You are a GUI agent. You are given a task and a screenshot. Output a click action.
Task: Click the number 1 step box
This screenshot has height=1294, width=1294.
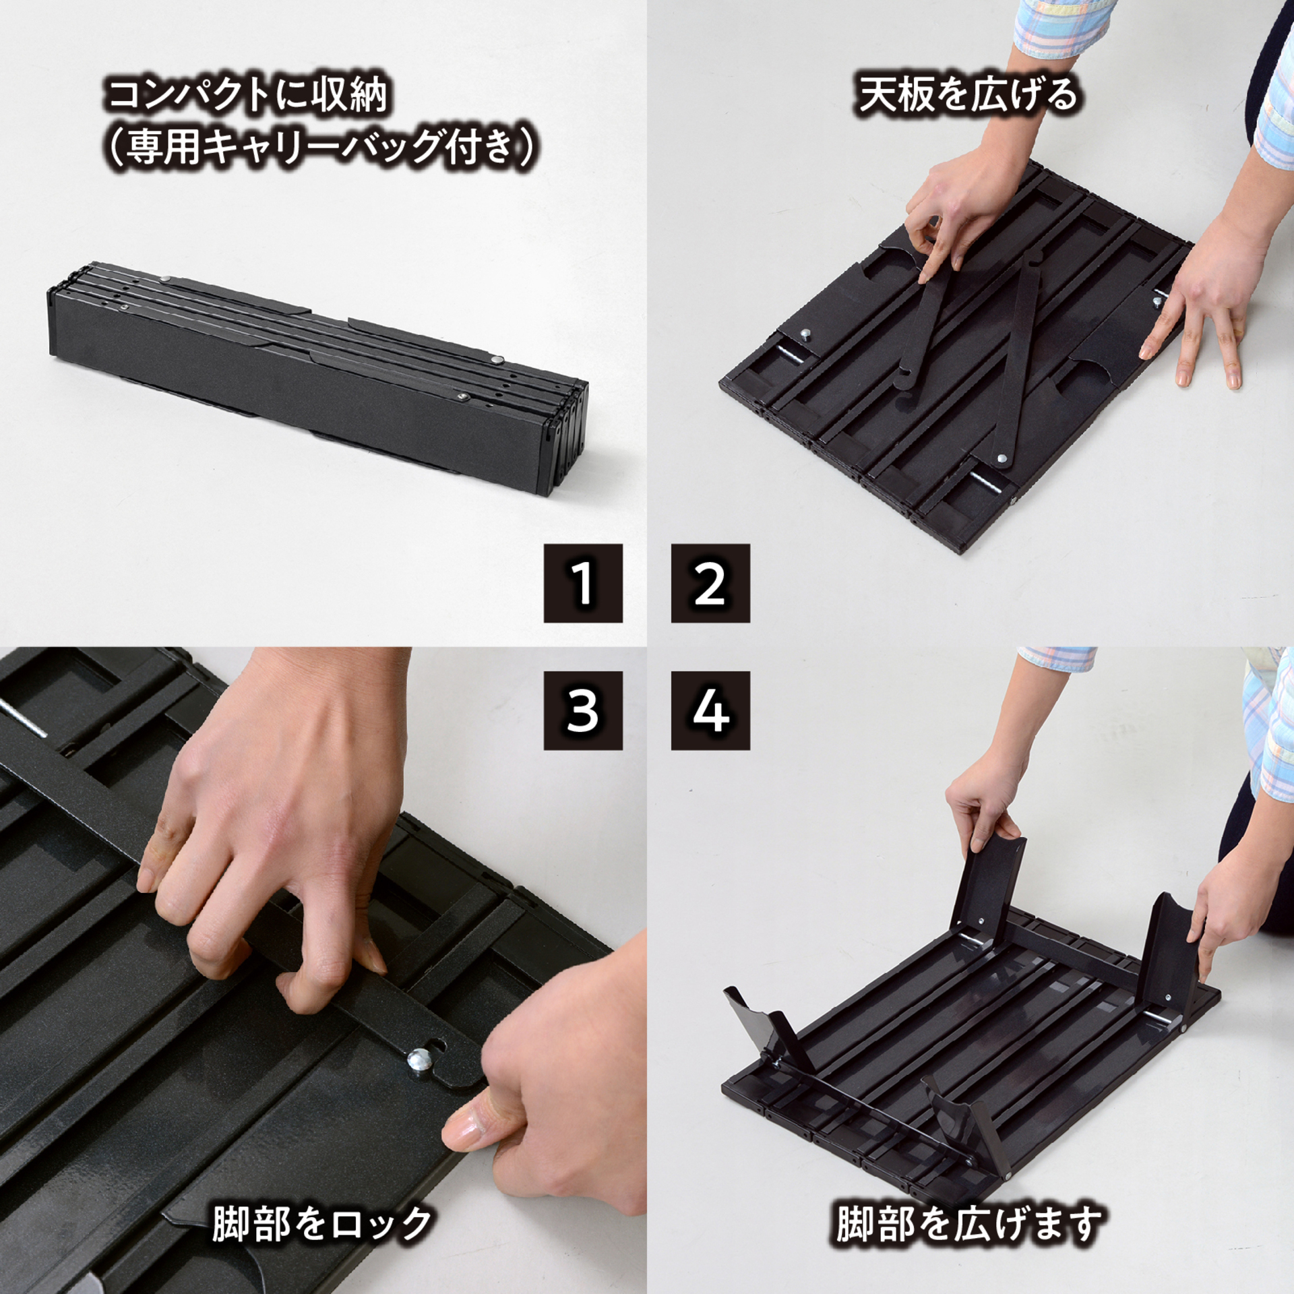pos(583,583)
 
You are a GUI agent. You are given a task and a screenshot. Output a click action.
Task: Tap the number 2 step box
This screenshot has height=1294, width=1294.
pos(710,583)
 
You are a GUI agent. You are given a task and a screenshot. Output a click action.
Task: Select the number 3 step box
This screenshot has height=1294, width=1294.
pos(583,710)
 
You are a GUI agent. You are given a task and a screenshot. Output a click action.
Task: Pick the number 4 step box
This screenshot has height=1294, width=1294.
pos(710,710)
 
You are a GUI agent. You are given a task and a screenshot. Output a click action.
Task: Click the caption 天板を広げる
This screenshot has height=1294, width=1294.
pos(968,95)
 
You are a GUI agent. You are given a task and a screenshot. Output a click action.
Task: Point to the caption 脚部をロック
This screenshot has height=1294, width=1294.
pos(322,1225)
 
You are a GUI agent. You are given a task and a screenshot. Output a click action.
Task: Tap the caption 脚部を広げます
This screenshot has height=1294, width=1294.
pos(968,1225)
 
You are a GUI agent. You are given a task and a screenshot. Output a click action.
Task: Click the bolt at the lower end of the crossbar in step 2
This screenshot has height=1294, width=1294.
pos(1002,458)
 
